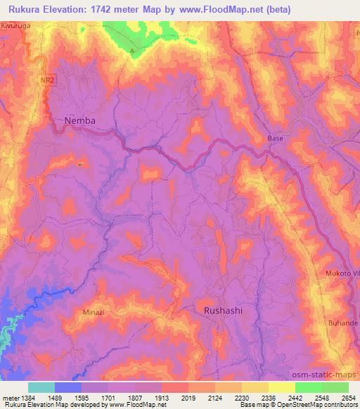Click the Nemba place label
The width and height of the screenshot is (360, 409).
pyautogui.click(x=79, y=121)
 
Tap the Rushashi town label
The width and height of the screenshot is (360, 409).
pyautogui.click(x=225, y=309)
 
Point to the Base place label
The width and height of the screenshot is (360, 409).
pyautogui.click(x=276, y=138)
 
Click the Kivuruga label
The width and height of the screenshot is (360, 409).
pyautogui.click(x=18, y=25)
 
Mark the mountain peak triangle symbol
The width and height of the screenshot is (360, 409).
pyautogui.click(x=131, y=50)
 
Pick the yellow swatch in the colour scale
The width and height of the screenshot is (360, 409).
pyautogui.click(x=281, y=387)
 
